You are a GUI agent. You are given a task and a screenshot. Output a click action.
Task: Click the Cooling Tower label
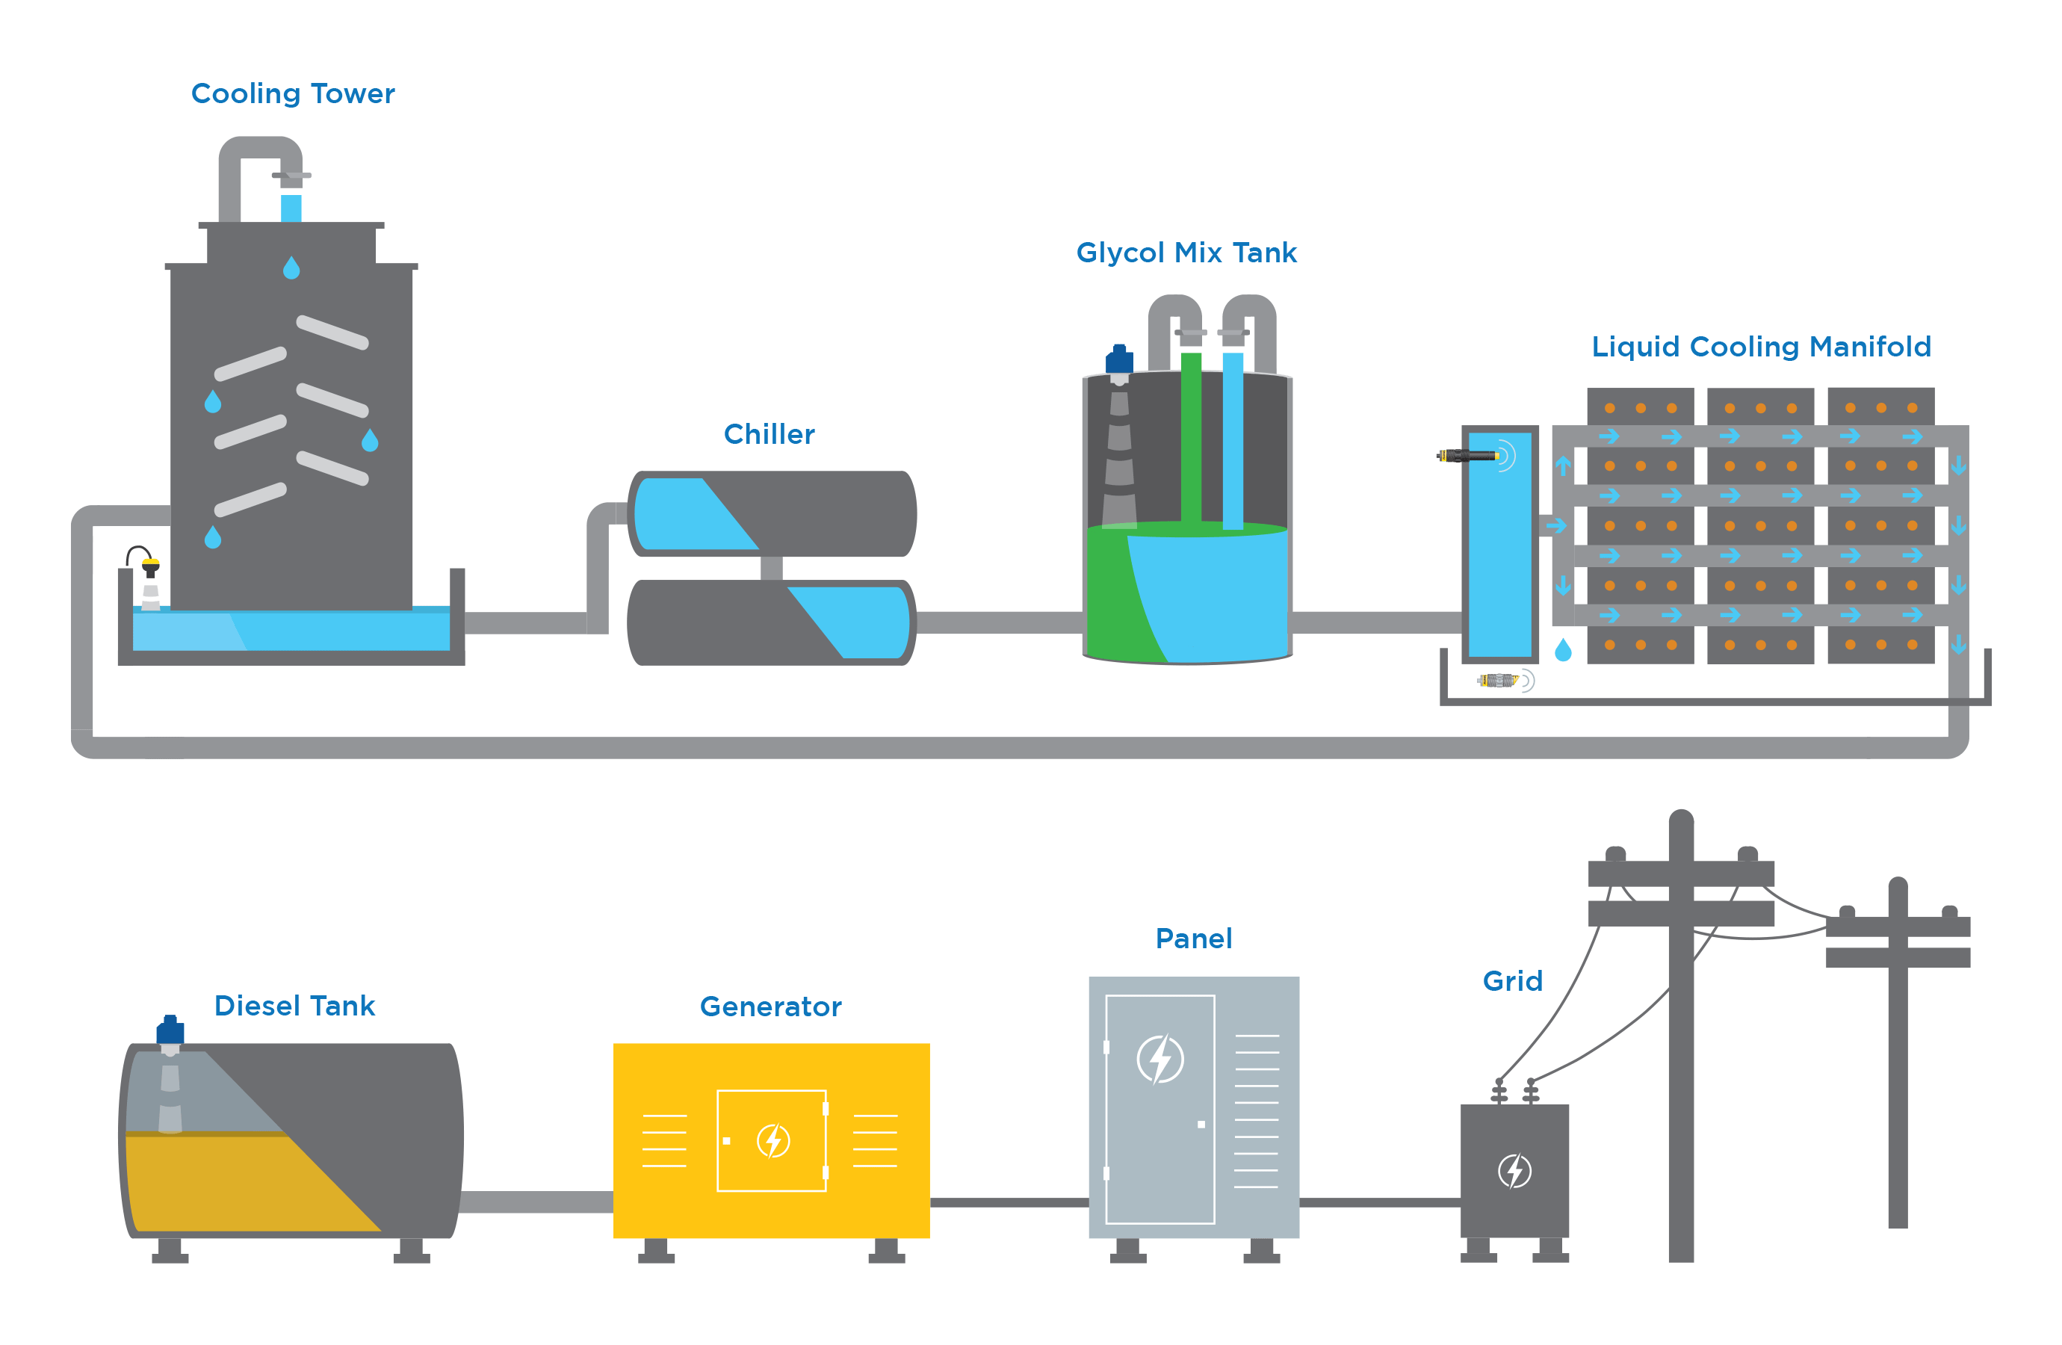pyautogui.click(x=292, y=93)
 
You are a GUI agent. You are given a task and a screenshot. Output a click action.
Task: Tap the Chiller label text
pyautogui.click(x=769, y=434)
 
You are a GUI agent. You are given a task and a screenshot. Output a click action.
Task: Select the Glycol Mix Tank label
pyautogui.click(x=1186, y=253)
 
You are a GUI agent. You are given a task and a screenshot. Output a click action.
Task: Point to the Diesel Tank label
pyautogui.click(x=294, y=1007)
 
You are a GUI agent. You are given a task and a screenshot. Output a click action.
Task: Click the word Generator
pyautogui.click(x=770, y=1007)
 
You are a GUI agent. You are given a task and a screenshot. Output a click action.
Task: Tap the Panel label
pyautogui.click(x=1193, y=939)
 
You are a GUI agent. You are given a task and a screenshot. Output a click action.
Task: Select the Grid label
pyautogui.click(x=1512, y=981)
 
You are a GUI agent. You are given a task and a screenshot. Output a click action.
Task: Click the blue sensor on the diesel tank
pyautogui.click(x=170, y=1031)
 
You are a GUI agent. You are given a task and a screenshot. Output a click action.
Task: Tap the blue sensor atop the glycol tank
pyautogui.click(x=1118, y=359)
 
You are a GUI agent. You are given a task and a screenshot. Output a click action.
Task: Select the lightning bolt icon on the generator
pyautogui.click(x=773, y=1140)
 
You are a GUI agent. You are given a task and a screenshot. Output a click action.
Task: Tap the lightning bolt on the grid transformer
pyautogui.click(x=1514, y=1171)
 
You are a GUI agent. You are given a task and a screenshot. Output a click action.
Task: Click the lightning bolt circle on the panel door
pyautogui.click(x=1160, y=1059)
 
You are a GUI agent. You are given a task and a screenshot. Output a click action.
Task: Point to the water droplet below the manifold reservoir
pyautogui.click(x=1563, y=650)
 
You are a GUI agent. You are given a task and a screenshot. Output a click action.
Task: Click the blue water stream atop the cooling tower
pyautogui.click(x=291, y=208)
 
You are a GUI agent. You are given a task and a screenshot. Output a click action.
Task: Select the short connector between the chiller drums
pyautogui.click(x=771, y=569)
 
